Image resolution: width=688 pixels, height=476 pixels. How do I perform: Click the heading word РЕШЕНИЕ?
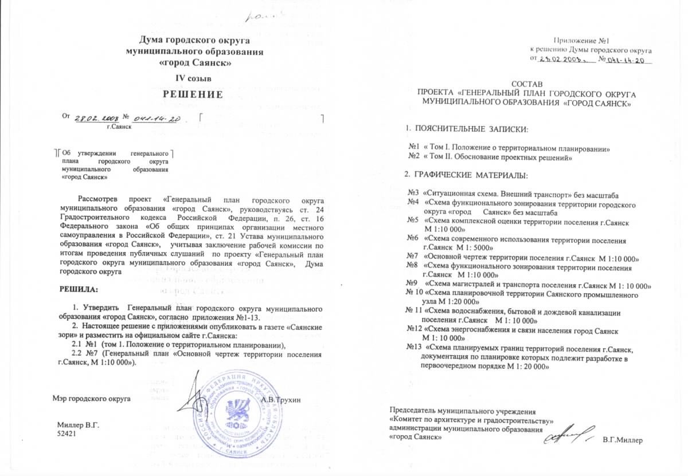194,95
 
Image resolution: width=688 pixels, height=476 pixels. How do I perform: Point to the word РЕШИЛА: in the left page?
79,289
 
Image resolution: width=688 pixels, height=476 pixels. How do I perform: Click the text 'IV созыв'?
194,77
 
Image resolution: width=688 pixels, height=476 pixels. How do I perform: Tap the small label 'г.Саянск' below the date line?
119,126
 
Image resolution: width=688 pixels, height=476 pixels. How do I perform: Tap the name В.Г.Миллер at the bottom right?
623,439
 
